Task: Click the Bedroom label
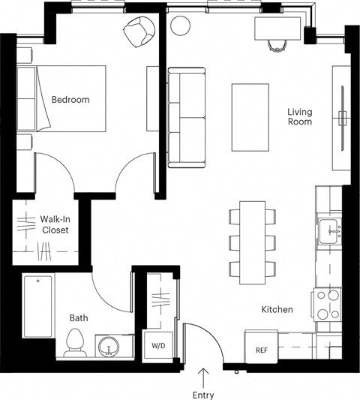(70, 100)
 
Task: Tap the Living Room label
(299, 117)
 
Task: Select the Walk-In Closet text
(54, 224)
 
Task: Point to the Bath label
(79, 318)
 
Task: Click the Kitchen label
(277, 309)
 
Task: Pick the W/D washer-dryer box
(158, 346)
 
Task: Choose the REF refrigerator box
(262, 349)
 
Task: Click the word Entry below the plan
(203, 395)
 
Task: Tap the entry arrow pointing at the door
(203, 376)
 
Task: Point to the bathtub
(38, 307)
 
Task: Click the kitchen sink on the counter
(330, 232)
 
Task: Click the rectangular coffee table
(250, 117)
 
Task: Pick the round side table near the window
(181, 26)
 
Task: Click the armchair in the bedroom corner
(138, 32)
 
